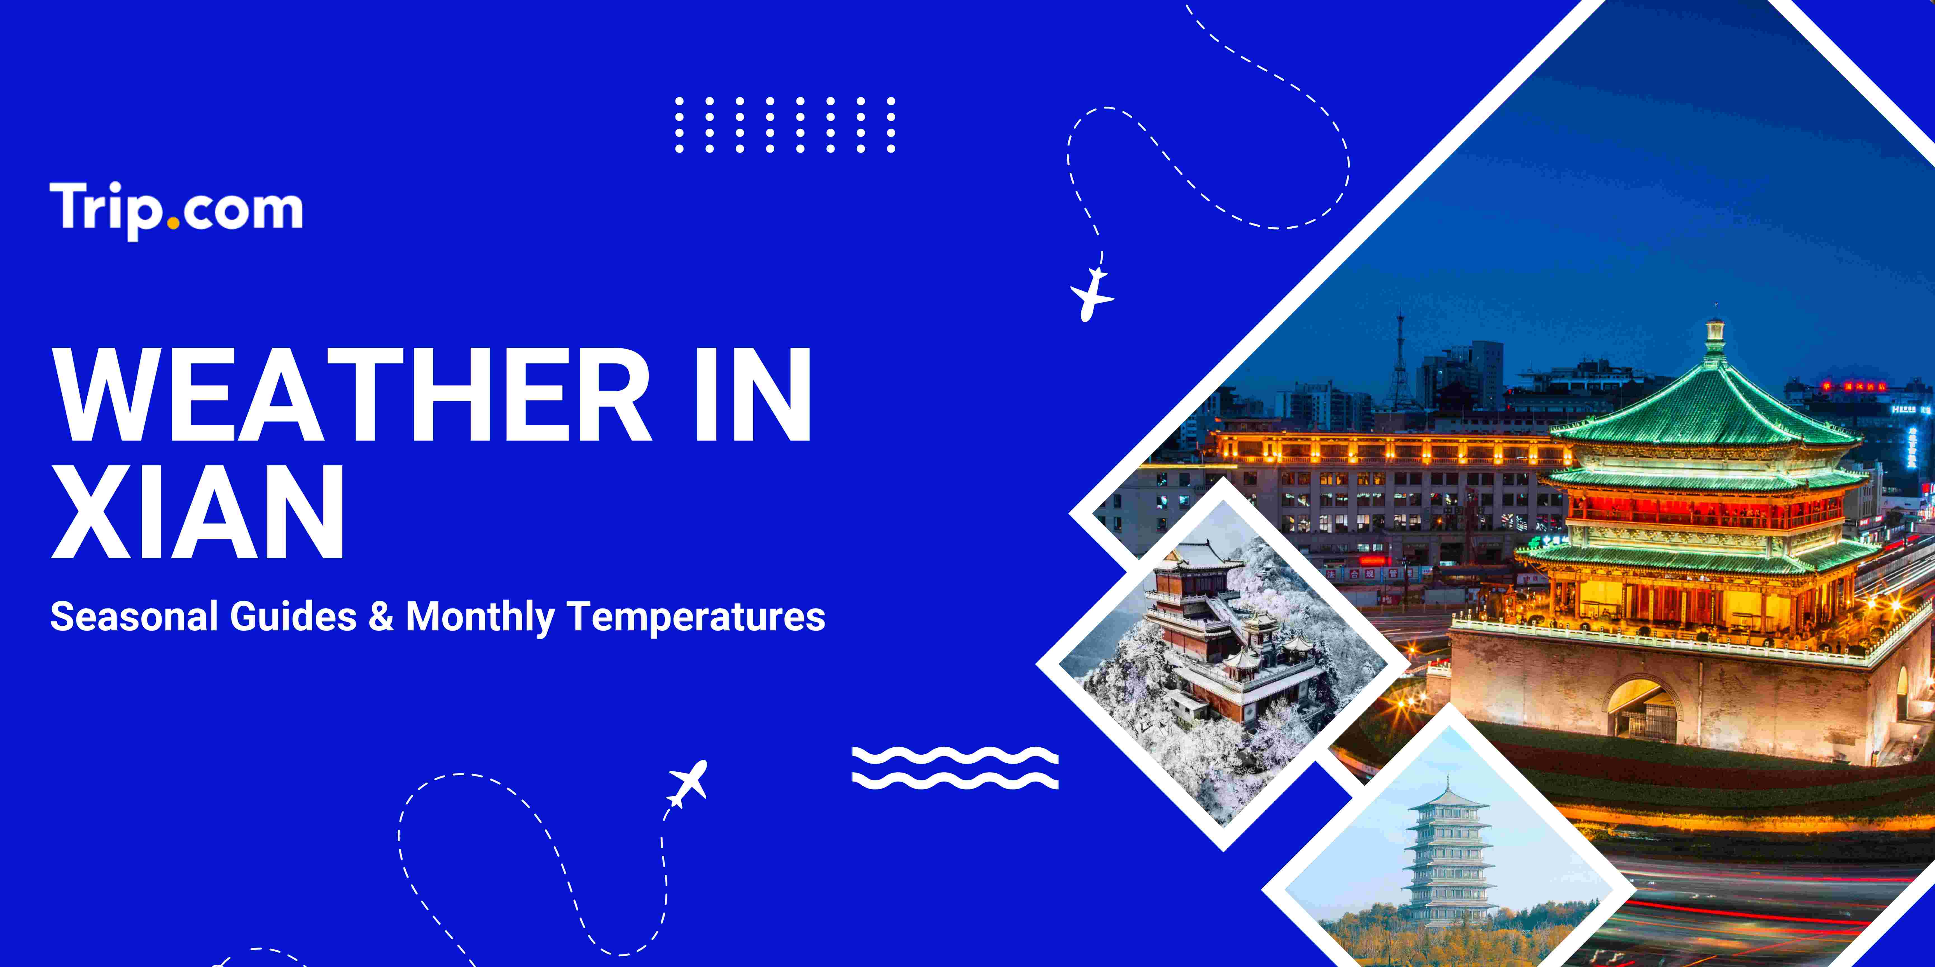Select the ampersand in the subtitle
(x=381, y=617)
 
